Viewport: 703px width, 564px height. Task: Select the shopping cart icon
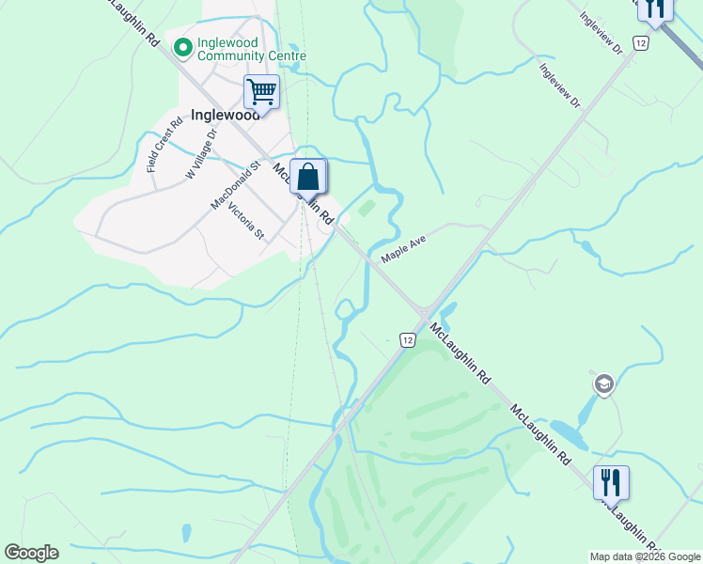[261, 92]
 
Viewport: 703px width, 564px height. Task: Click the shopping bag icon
[307, 176]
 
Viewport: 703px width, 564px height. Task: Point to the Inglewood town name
[225, 115]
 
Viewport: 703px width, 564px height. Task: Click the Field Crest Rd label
[164, 144]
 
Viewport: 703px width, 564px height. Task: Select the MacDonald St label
[234, 185]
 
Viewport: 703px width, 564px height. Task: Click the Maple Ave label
[403, 248]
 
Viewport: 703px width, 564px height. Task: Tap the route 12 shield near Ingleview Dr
[640, 43]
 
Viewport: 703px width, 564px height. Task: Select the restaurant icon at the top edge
[654, 8]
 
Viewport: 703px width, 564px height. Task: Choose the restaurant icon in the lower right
[611, 482]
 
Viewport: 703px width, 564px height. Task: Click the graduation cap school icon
[603, 384]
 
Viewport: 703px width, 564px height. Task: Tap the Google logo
[31, 553]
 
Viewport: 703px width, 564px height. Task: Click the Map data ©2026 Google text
[645, 556]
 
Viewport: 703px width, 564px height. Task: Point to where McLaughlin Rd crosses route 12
[424, 312]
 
